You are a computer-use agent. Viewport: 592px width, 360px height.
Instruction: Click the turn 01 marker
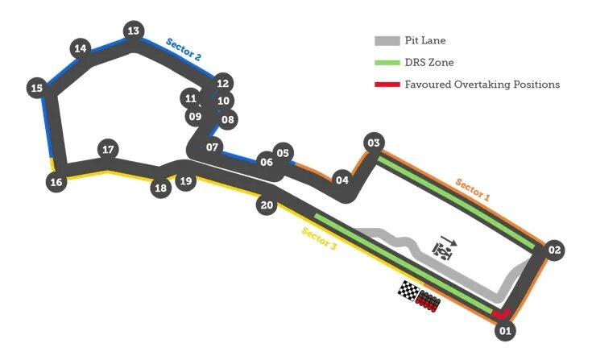[x=505, y=329]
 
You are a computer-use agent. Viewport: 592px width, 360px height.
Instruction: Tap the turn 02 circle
[x=553, y=250]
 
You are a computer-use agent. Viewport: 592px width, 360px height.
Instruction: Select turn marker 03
[x=373, y=143]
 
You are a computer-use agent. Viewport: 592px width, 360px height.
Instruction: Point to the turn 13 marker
[x=133, y=31]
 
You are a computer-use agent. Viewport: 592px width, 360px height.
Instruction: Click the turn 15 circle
[x=35, y=88]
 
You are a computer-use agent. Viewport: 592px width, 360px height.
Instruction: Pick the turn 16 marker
[x=56, y=182]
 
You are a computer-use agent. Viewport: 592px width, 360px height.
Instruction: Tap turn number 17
[x=108, y=149]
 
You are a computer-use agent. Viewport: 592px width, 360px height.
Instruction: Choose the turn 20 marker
[x=267, y=205]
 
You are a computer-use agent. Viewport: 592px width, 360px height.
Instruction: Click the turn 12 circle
[x=223, y=83]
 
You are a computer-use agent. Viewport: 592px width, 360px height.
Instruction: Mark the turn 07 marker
[x=212, y=147]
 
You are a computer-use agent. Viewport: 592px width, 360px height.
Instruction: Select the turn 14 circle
[x=80, y=48]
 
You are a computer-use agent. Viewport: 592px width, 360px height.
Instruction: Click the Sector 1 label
[x=472, y=190]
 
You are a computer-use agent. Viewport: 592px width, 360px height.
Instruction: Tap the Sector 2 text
[x=184, y=51]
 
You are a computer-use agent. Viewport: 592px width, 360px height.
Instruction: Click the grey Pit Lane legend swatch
[x=387, y=41]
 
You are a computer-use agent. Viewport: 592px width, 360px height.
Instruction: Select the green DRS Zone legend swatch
[x=387, y=63]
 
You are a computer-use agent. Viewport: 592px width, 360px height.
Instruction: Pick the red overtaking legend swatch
[x=387, y=85]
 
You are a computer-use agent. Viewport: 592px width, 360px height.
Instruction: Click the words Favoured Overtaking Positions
[x=482, y=85]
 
